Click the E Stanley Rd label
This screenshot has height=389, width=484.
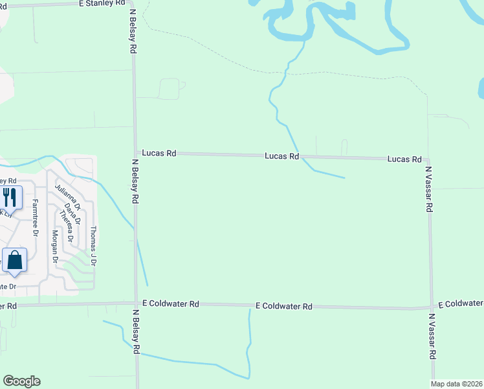click(x=102, y=3)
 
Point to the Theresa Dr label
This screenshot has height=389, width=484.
click(x=64, y=226)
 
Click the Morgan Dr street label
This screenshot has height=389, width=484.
click(x=55, y=246)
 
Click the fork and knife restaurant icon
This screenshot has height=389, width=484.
click(x=9, y=196)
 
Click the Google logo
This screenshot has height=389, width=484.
click(x=21, y=381)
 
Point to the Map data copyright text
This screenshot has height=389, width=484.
click(x=457, y=384)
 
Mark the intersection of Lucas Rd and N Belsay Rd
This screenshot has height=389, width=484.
click(x=135, y=153)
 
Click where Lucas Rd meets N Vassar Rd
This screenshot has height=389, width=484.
click(x=428, y=159)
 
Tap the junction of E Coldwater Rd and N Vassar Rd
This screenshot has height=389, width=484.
click(x=432, y=307)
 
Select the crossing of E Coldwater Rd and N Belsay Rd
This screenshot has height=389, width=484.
click(x=135, y=303)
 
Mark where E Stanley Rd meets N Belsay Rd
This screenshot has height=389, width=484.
click(x=132, y=4)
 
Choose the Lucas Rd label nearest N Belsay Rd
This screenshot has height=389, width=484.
click(x=159, y=154)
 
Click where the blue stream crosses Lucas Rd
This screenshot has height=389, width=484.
click(x=300, y=156)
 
